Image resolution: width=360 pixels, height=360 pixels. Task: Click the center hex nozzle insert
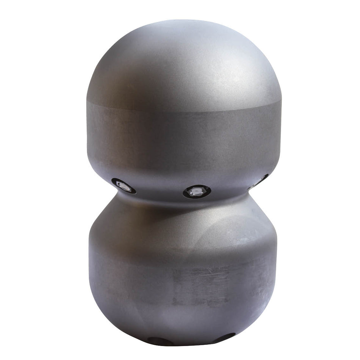[x=196, y=191]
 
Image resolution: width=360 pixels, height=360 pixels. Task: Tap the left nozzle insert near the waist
[x=124, y=186]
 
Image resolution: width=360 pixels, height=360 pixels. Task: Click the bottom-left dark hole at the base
[x=157, y=341]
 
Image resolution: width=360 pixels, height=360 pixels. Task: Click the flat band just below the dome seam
[x=182, y=129]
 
